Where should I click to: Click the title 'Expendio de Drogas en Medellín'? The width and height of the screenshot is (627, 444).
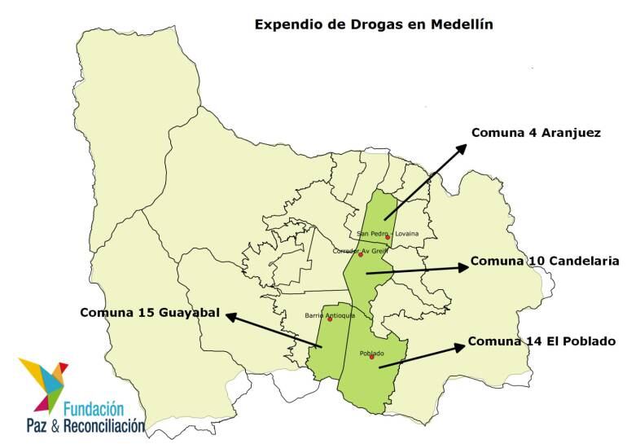374,24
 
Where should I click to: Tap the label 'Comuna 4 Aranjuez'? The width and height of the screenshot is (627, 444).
536,133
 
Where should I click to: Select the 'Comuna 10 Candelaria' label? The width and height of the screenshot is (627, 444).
545,262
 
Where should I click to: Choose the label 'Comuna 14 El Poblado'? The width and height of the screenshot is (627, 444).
541,341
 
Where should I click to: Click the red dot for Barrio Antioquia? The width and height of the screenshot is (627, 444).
330,319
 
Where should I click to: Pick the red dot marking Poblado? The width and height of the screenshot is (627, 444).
372,357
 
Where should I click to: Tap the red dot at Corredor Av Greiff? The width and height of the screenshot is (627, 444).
361,255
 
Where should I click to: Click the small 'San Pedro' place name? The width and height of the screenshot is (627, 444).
370,234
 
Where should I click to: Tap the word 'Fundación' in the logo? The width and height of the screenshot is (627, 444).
93,407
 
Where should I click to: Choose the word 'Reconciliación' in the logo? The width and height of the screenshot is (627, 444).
104,424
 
